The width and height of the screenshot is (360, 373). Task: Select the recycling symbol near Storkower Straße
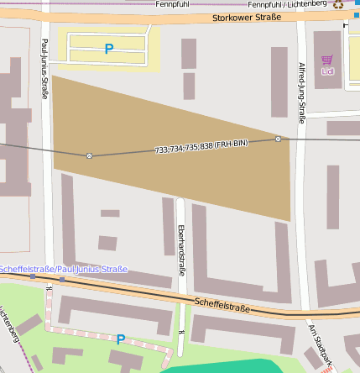339,4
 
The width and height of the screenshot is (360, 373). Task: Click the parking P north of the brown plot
108,50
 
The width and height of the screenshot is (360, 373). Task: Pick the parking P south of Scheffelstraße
121,339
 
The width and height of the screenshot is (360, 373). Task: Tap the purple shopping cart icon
326,60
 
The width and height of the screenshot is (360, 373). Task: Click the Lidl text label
326,71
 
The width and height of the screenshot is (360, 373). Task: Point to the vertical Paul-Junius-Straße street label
44,69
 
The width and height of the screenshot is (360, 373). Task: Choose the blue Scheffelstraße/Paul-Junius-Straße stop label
64,270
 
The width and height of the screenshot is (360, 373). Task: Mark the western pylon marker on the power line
89,155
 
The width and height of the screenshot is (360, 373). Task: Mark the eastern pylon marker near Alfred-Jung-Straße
278,139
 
